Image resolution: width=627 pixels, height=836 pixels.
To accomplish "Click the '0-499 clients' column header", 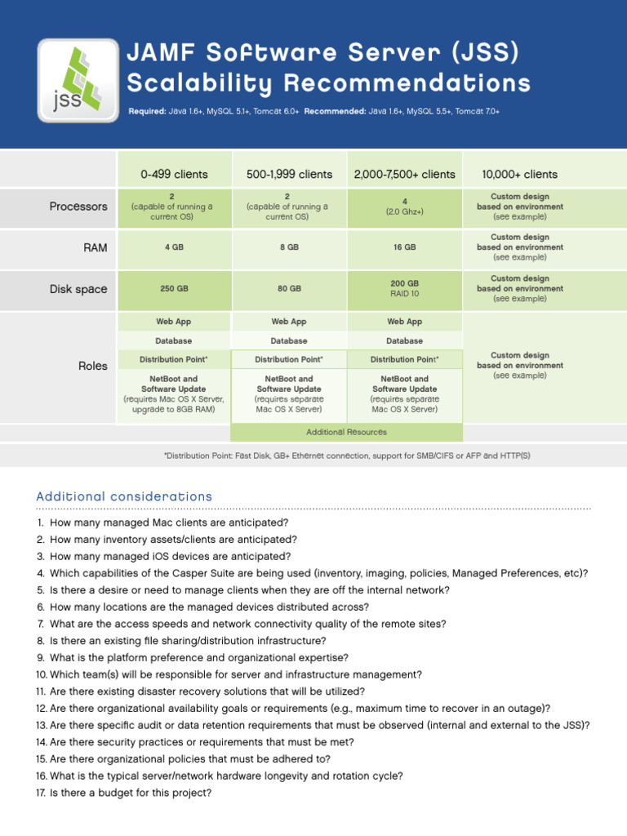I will pos(174,174).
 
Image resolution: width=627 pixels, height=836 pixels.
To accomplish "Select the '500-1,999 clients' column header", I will pos(289,174).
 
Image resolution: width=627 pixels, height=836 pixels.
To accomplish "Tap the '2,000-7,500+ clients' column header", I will pos(404,174).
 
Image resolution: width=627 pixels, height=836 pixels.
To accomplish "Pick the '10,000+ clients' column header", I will pos(519,174).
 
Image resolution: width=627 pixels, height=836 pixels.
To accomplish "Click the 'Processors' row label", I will pos(78,207).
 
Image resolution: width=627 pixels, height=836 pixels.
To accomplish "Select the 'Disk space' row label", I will pos(79,289).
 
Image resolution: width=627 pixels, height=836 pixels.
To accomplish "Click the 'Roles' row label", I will pos(93,367).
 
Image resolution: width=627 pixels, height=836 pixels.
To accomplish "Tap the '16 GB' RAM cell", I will pos(404,247).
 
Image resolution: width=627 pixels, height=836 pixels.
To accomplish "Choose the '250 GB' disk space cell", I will pos(174,289).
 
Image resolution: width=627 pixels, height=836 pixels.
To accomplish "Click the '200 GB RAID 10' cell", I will pos(404,288).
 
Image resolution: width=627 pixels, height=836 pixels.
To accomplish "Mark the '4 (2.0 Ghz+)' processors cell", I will pos(404,207).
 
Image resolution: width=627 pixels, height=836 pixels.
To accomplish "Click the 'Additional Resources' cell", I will pos(346,432).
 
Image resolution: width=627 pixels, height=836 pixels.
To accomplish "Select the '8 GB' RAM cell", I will pos(289,247).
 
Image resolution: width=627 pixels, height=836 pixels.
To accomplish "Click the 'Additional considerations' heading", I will pos(124,496).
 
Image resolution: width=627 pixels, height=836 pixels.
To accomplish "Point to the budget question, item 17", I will pos(131,792).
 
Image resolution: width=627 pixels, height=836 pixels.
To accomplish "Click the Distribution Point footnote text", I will pos(347,456).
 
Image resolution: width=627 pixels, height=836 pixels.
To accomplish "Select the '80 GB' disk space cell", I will pos(289,289).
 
